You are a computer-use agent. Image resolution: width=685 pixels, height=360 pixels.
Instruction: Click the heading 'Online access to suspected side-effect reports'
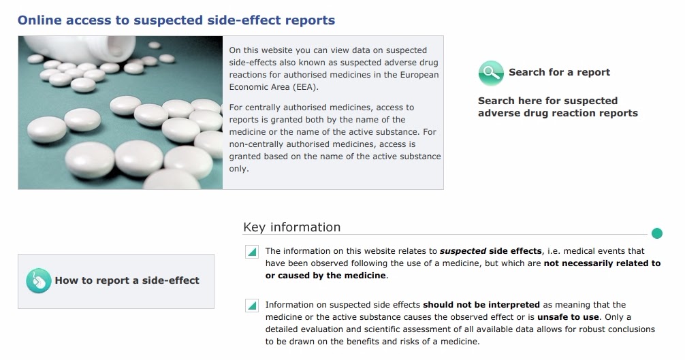[x=176, y=20]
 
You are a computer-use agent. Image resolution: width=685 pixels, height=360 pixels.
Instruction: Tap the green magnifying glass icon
[x=491, y=73]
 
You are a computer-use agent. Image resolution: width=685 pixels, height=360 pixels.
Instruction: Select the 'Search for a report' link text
[x=559, y=72]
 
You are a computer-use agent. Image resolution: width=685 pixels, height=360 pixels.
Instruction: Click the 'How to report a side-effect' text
[x=127, y=280]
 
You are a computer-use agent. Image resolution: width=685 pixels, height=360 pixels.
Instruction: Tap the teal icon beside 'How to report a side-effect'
[x=38, y=280]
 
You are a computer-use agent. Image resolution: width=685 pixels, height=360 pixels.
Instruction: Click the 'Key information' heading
[x=292, y=227]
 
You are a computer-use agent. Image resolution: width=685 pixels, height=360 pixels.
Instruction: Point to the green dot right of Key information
[x=656, y=233]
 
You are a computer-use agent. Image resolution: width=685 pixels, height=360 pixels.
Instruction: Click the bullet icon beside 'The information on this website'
[x=252, y=252]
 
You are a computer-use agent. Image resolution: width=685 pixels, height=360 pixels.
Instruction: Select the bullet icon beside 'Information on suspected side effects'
[x=252, y=306]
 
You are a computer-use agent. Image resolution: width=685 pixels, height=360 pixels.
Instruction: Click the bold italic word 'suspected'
[x=462, y=251]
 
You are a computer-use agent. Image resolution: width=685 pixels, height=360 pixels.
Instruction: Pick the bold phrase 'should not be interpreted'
[x=481, y=305]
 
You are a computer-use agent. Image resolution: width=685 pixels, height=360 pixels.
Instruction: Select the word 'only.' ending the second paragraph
[x=239, y=169]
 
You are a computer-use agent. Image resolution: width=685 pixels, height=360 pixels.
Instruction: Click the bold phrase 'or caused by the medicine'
[x=325, y=276]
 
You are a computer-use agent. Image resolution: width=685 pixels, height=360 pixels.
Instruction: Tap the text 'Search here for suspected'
[x=548, y=101]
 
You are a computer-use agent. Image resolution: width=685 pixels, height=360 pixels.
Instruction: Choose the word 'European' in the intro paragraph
[x=419, y=75]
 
